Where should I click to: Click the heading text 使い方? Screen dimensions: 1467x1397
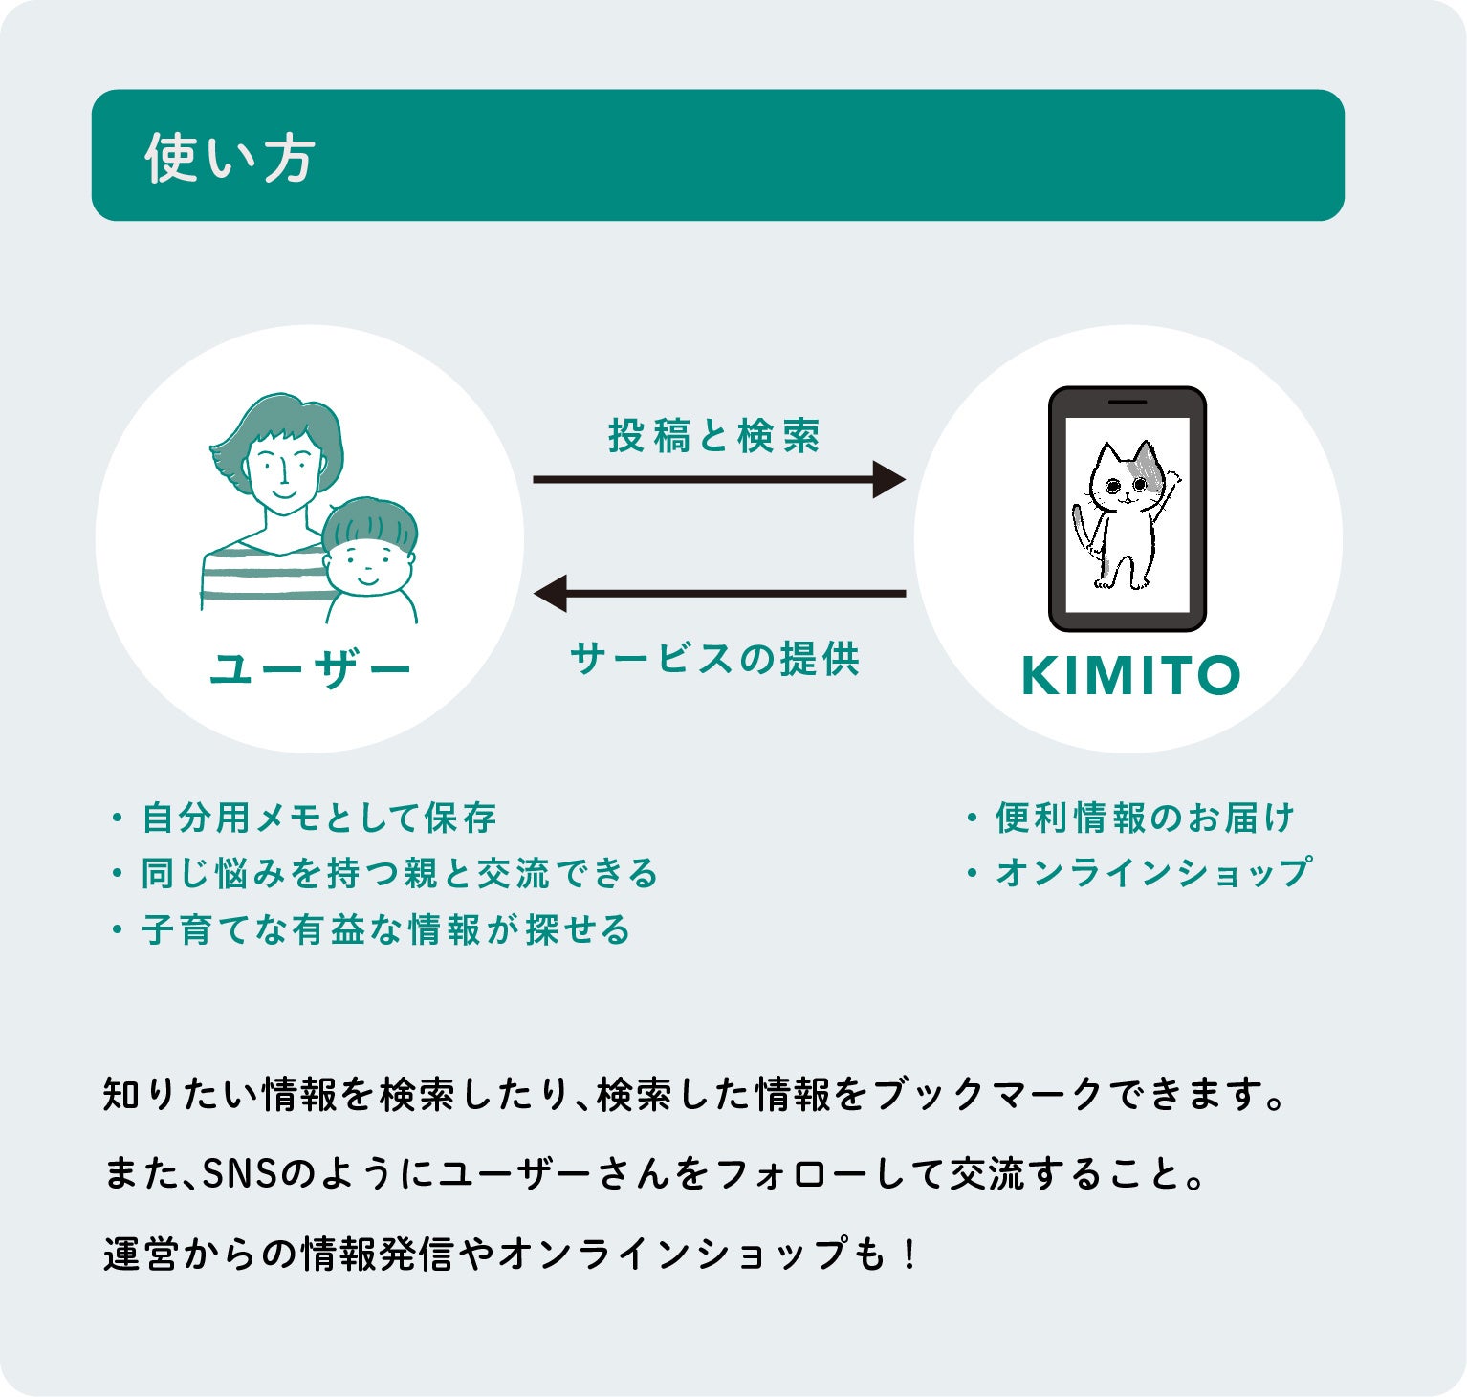(x=230, y=158)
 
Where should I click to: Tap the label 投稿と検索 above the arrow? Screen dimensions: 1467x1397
(x=713, y=436)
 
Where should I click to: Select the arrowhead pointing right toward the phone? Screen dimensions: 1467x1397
(x=888, y=479)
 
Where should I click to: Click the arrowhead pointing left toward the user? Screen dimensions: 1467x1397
(x=551, y=593)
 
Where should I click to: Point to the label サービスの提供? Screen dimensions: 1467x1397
(x=714, y=659)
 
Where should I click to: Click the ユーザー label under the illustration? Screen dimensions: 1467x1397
(x=310, y=669)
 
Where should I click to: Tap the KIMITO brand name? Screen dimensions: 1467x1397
(x=1130, y=675)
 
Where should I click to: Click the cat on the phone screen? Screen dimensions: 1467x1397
(x=1123, y=515)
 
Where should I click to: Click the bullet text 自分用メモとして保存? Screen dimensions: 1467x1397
(x=319, y=819)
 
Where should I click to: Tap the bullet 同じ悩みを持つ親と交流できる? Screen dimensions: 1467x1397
(x=400, y=874)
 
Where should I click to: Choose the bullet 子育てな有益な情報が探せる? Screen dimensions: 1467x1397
(x=386, y=929)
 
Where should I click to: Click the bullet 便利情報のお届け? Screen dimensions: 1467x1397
(x=1145, y=819)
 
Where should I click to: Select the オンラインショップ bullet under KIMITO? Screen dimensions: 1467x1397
(x=1152, y=873)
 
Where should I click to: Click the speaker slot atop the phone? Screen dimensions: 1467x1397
(x=1127, y=402)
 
